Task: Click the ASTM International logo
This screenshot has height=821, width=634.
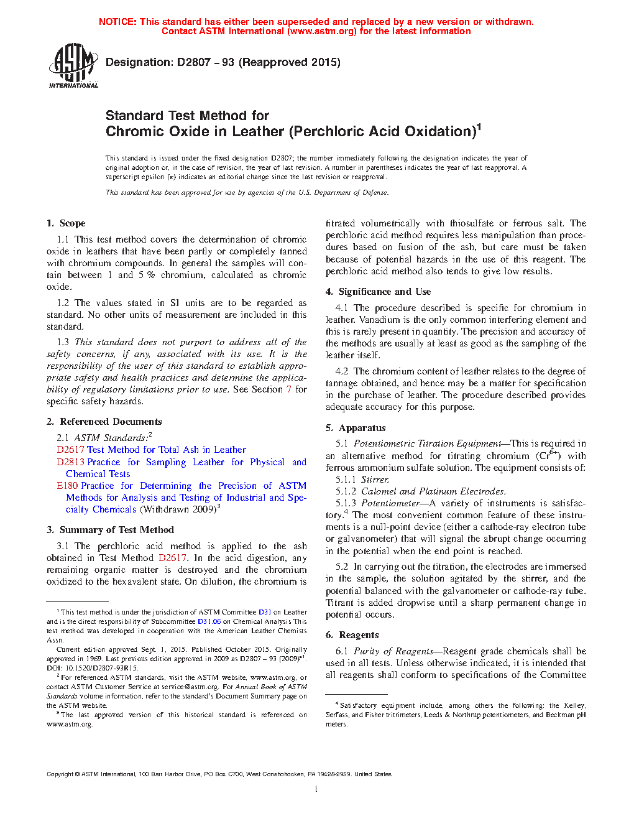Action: (73, 65)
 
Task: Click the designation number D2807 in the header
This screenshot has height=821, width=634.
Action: (194, 62)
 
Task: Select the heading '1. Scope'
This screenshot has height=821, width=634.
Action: (66, 223)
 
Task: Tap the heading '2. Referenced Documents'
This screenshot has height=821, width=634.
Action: (104, 422)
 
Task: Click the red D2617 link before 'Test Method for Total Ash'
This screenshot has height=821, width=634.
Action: (70, 450)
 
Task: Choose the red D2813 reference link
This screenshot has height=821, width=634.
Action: (70, 462)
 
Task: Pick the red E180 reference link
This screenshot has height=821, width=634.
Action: (67, 486)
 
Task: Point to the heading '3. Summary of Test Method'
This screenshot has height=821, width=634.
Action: (110, 530)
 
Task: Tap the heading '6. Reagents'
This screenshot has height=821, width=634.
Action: (352, 635)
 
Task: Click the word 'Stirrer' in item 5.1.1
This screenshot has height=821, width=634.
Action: (375, 480)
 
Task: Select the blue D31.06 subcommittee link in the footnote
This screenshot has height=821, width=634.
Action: (209, 621)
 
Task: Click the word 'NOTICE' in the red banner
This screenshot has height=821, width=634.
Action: (117, 22)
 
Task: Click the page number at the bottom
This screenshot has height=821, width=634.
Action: (316, 789)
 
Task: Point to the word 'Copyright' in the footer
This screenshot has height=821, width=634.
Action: (60, 774)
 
